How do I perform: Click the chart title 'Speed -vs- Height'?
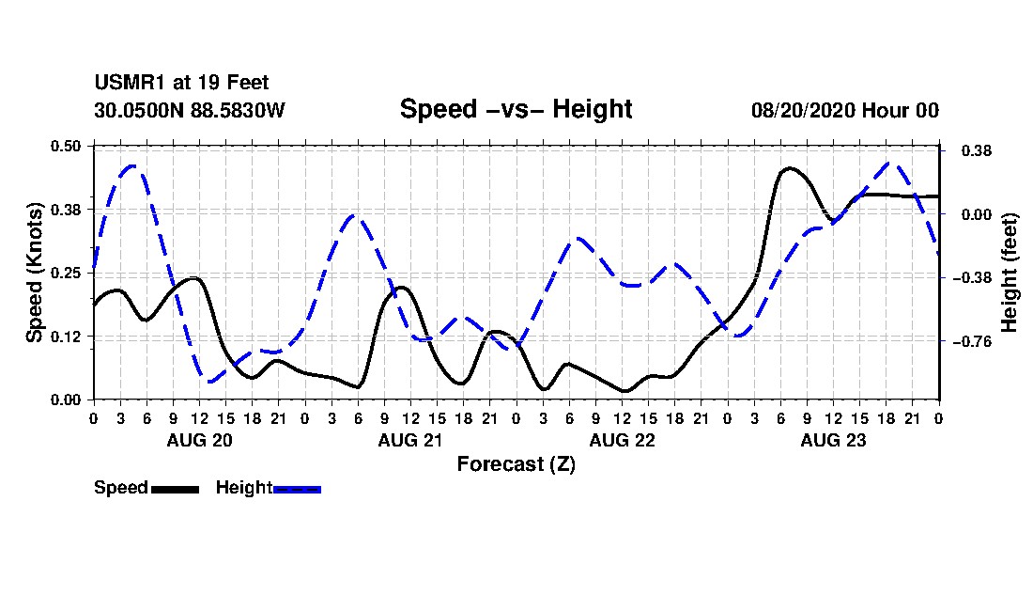[516, 109]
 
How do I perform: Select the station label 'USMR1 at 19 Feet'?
[181, 83]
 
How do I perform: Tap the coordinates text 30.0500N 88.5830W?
[189, 110]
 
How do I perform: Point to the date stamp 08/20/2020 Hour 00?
[845, 110]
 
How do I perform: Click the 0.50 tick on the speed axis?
[66, 146]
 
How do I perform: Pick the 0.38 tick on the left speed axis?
[66, 210]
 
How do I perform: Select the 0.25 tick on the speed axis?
[66, 273]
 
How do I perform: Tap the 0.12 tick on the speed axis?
[66, 337]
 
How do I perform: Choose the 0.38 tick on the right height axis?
[977, 151]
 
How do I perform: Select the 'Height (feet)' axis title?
[1010, 273]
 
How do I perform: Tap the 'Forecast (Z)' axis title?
[516, 464]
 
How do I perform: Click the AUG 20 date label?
[200, 440]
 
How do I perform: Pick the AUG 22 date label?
[623, 440]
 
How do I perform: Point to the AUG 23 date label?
[833, 440]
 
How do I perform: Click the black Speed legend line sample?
[176, 489]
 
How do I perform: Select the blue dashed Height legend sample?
[297, 489]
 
